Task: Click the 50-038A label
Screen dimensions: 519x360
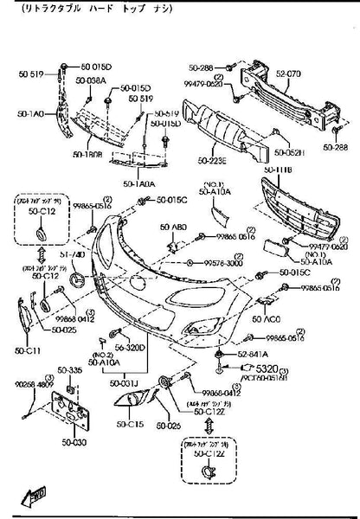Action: point(90,80)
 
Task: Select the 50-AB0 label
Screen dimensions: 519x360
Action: point(173,227)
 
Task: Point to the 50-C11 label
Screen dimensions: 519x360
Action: point(27,350)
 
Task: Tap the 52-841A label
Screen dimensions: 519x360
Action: point(252,355)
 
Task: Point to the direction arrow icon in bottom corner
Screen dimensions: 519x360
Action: point(35,497)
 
